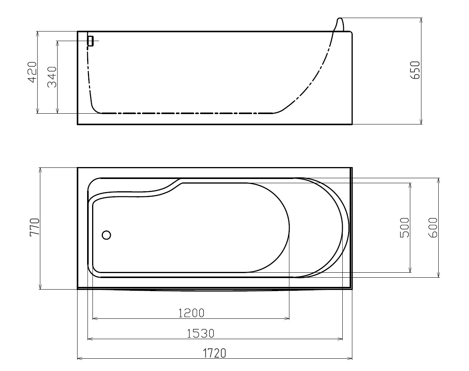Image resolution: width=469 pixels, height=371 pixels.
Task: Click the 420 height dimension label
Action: coord(32,72)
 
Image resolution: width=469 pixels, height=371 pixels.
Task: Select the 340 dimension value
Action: coord(52,77)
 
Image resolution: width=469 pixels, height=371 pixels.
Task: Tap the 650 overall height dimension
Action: coord(415,70)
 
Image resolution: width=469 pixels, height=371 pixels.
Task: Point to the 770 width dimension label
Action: coord(35,227)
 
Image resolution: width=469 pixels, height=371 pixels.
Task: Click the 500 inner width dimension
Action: coord(405,228)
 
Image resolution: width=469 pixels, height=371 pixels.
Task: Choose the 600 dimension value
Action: coord(433,228)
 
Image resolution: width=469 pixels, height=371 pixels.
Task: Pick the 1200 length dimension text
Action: coord(192,313)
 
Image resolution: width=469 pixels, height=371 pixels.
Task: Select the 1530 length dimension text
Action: coord(201,333)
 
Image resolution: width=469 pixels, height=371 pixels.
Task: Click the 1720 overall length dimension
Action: coord(215,353)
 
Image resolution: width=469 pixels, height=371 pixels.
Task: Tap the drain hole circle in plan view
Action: coord(106,235)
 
